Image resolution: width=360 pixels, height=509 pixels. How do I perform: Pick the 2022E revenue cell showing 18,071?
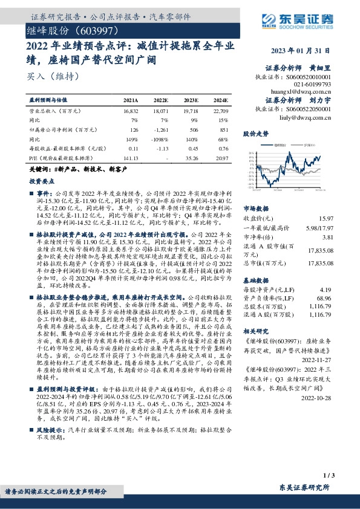[x=160, y=112]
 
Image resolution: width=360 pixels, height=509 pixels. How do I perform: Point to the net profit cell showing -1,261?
[x=160, y=129]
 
